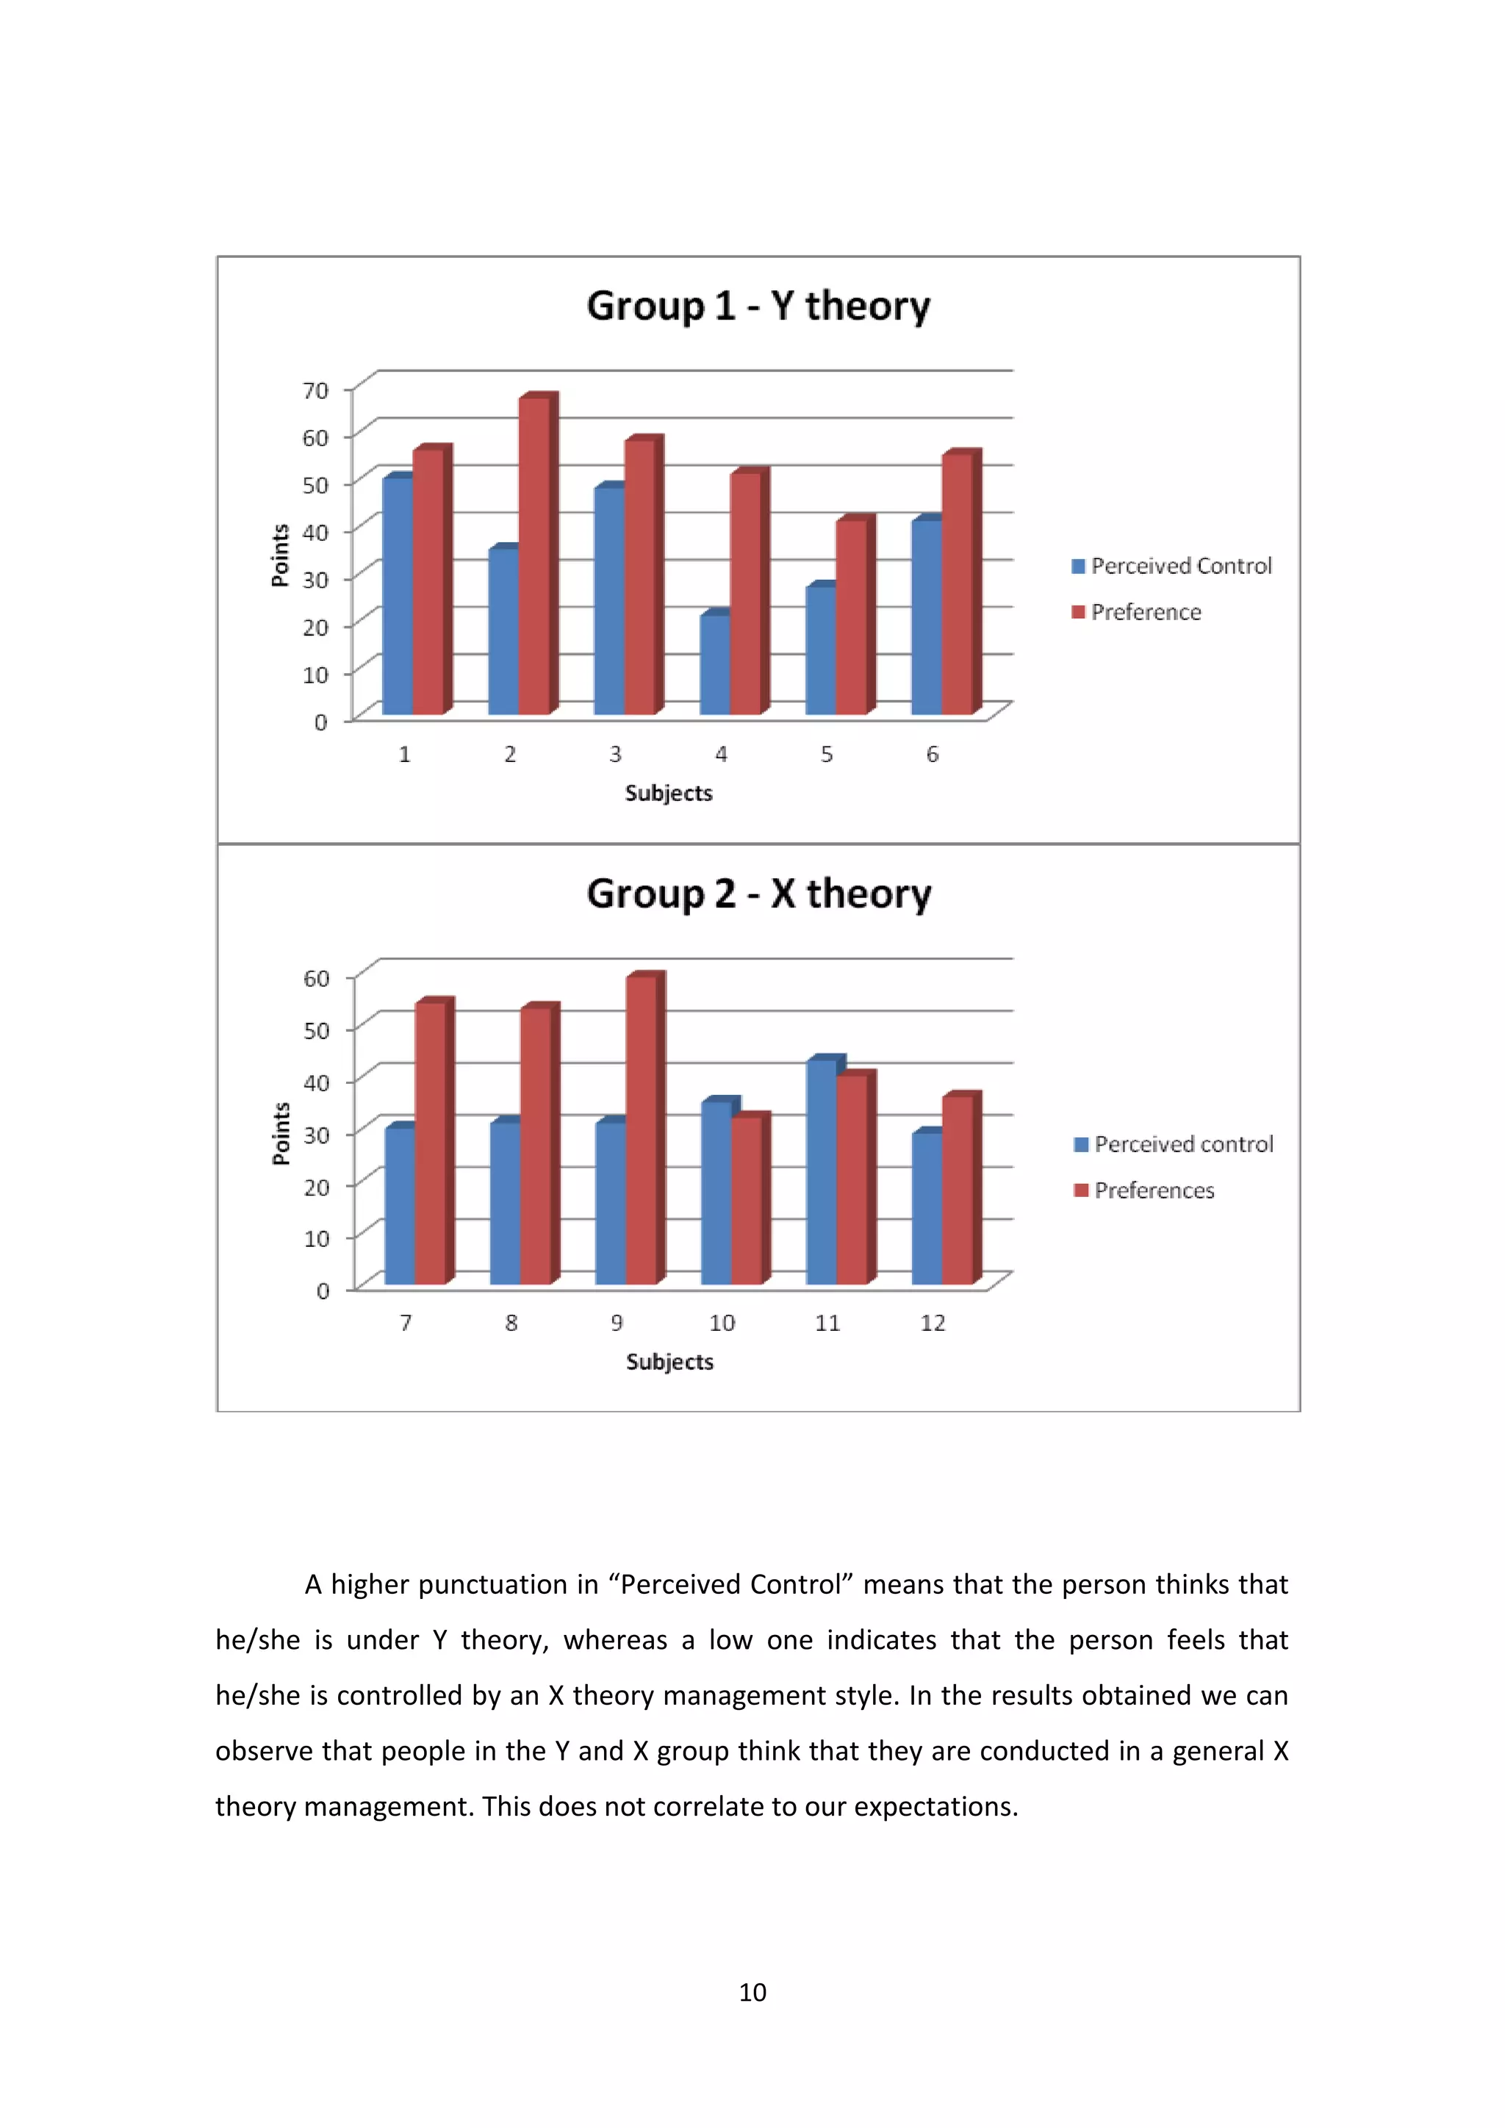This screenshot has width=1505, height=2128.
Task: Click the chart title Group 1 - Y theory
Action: point(758,306)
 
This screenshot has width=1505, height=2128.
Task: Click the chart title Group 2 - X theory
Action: point(758,894)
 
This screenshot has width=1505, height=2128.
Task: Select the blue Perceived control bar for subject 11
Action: point(821,1173)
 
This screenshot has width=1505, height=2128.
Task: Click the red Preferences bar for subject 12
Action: point(958,1191)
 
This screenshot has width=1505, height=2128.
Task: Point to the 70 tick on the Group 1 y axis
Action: point(316,391)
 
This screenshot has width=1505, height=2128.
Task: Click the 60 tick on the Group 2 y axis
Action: point(317,979)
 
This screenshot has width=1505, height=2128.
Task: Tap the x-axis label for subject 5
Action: point(827,755)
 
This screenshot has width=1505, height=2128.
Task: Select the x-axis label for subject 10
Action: point(722,1323)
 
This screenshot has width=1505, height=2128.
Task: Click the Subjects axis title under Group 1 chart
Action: point(668,794)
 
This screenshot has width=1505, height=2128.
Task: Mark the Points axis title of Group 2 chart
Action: point(281,1134)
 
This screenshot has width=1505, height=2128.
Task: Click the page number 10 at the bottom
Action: point(752,1993)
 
